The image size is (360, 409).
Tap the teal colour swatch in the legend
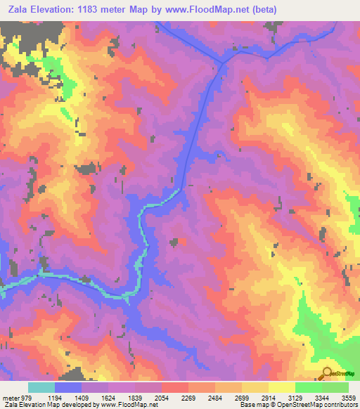pos(41,388)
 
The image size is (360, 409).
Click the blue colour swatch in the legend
pos(68,388)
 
